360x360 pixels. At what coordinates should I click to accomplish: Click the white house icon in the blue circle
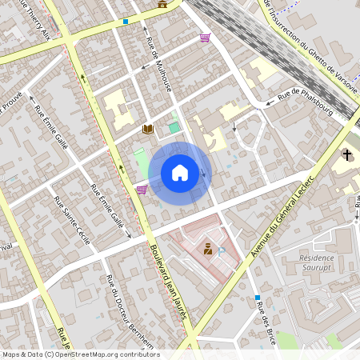[x=180, y=172]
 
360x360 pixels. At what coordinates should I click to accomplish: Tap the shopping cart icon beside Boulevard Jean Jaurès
[x=142, y=190]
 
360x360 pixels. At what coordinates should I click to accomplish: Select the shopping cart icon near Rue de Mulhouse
[x=206, y=38]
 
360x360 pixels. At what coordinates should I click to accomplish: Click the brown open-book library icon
[x=147, y=129]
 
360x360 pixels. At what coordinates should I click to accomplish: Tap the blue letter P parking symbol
[x=222, y=251]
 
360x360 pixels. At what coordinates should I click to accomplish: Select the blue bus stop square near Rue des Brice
[x=258, y=298]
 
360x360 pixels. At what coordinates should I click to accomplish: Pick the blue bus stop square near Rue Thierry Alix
[x=126, y=22]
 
